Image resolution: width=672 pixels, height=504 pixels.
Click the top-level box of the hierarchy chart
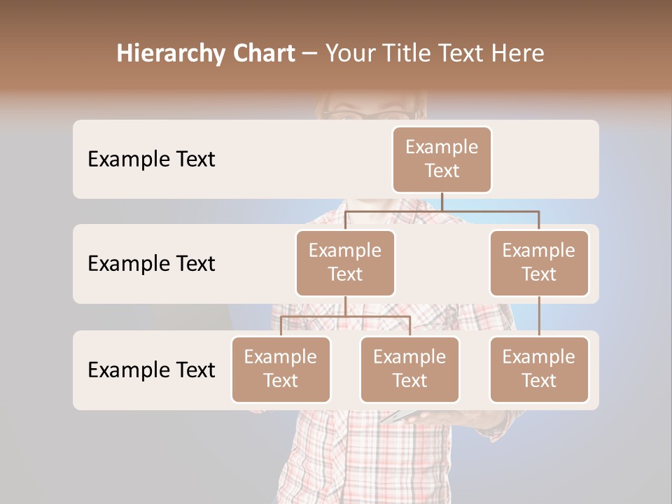pyautogui.click(x=442, y=159)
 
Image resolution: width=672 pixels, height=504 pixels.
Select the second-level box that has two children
pyautogui.click(x=345, y=262)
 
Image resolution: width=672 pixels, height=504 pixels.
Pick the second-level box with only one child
pyautogui.click(x=539, y=262)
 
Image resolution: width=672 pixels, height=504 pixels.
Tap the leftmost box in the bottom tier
pyautogui.click(x=281, y=369)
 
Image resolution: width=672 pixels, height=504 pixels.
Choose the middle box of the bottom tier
pyautogui.click(x=409, y=369)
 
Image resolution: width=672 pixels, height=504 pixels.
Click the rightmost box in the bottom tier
pyautogui.click(x=539, y=369)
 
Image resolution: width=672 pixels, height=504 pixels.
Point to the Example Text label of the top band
pyautogui.click(x=151, y=160)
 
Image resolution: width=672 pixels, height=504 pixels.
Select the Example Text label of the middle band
pyautogui.click(x=151, y=264)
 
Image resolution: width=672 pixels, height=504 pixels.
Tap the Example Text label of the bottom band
pyautogui.click(x=151, y=370)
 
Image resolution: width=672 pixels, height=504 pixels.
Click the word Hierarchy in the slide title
pyautogui.click(x=170, y=54)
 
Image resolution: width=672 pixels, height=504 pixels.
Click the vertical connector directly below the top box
pyautogui.click(x=442, y=202)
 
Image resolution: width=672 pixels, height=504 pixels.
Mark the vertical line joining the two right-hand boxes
pyautogui.click(x=539, y=316)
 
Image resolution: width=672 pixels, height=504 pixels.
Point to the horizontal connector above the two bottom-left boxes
pyautogui.click(x=345, y=316)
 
